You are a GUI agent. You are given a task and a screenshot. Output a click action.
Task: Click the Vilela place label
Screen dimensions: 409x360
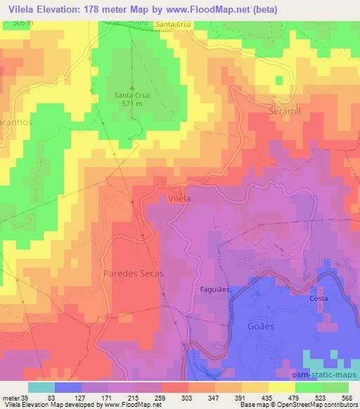(x=179, y=199)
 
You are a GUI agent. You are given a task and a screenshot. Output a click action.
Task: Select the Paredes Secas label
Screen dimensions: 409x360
(x=133, y=273)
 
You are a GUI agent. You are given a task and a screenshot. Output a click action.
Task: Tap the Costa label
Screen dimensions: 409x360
(x=319, y=299)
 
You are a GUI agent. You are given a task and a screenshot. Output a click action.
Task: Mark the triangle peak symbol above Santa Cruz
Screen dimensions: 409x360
(x=131, y=87)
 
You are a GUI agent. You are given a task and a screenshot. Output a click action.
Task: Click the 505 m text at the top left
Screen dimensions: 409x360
(x=23, y=22)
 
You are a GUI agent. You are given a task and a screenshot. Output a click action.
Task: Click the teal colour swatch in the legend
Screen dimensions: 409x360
(x=43, y=387)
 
